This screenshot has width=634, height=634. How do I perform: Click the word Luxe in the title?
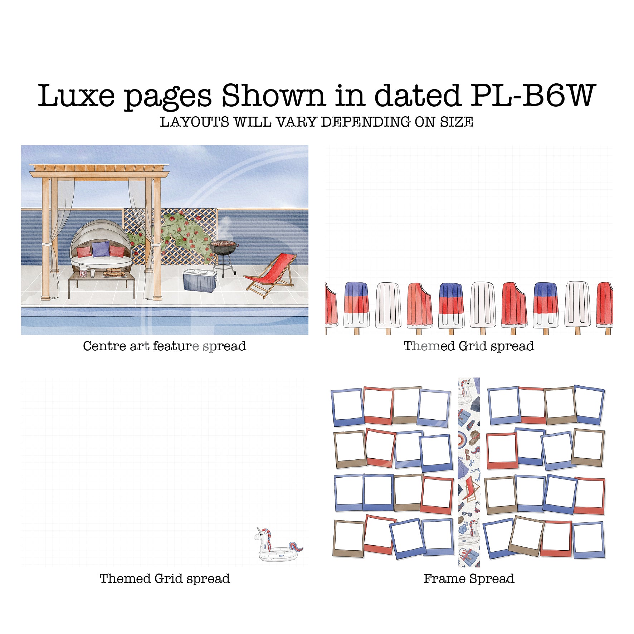pos(76,96)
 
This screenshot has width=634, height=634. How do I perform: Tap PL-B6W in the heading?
pos(532,96)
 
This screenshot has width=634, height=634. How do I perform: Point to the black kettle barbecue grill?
pos(223,248)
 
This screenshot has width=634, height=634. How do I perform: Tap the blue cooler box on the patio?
pos(200,280)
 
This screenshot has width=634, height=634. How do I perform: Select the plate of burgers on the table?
pos(114,273)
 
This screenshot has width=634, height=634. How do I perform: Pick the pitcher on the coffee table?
pos(83,270)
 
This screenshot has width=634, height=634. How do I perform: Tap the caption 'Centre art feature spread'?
pos(165,346)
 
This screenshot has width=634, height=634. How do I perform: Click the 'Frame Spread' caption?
pos(469,579)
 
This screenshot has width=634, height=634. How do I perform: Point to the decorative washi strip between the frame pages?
pos(469,472)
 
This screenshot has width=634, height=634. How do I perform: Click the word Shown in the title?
pos(273,96)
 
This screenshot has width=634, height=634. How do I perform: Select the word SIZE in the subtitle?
pos(457,122)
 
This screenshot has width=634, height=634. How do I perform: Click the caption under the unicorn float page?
pos(165,579)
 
